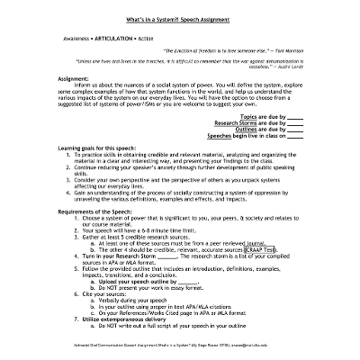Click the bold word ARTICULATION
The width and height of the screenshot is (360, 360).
(x=118, y=40)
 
